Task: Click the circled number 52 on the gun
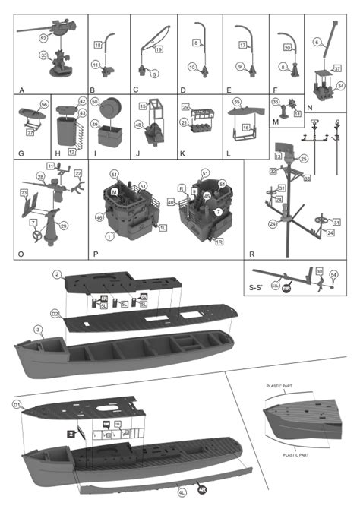click(x=44, y=37)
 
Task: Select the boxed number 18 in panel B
click(x=97, y=46)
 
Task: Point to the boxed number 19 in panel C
click(x=159, y=49)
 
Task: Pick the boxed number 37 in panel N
click(x=336, y=68)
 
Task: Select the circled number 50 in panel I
click(x=95, y=101)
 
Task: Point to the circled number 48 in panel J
click(x=139, y=125)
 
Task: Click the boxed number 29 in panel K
click(x=185, y=109)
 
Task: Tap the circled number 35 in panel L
click(x=236, y=101)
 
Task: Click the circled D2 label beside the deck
click(x=55, y=314)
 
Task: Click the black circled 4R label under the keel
click(x=203, y=490)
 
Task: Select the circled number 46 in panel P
click(x=100, y=217)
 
